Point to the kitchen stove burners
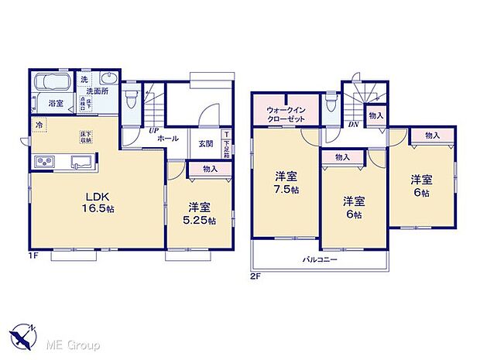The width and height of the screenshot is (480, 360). [x=43, y=161]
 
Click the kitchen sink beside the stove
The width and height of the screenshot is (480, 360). [x=80, y=161]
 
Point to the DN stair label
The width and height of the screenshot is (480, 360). [x=353, y=125]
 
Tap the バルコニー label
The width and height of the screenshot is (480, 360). [x=320, y=260]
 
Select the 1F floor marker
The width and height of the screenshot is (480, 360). [x=35, y=252]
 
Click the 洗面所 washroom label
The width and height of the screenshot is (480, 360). [x=97, y=90]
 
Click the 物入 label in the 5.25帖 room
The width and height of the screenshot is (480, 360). [x=210, y=168]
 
